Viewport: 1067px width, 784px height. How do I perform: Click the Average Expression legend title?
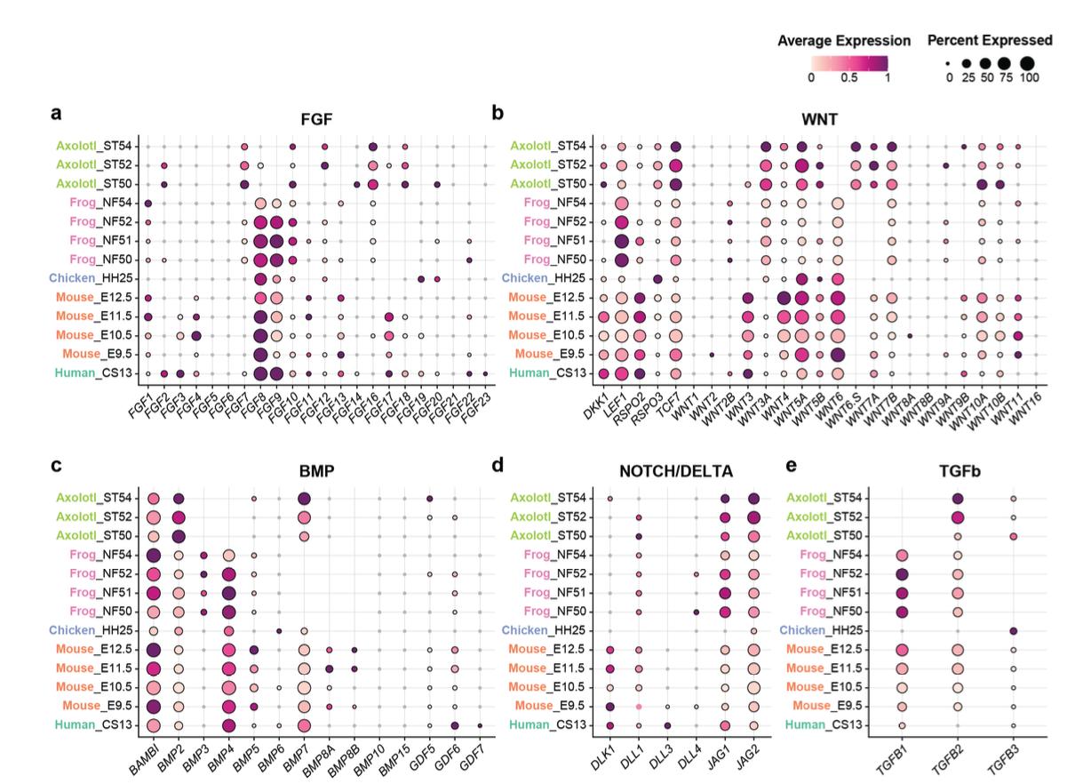point(843,42)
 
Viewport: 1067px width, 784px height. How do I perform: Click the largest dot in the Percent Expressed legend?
point(1028,63)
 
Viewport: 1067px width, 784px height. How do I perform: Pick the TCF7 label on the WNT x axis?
point(671,402)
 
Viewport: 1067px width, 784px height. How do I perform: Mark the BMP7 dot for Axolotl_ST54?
point(305,499)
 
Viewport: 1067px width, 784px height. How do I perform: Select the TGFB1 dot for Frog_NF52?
point(902,574)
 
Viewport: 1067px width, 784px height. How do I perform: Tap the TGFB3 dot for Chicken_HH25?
point(1013,630)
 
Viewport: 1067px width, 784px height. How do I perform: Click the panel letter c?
point(55,464)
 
